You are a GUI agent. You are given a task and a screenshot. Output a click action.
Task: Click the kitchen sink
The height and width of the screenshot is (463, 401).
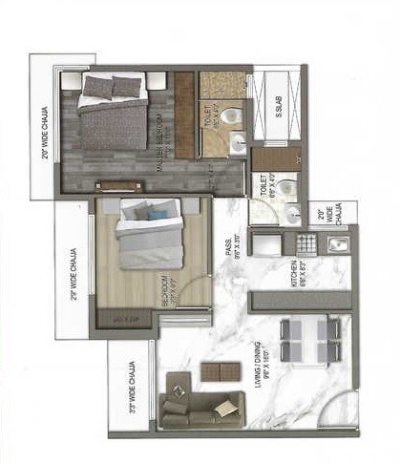pos(337,244)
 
